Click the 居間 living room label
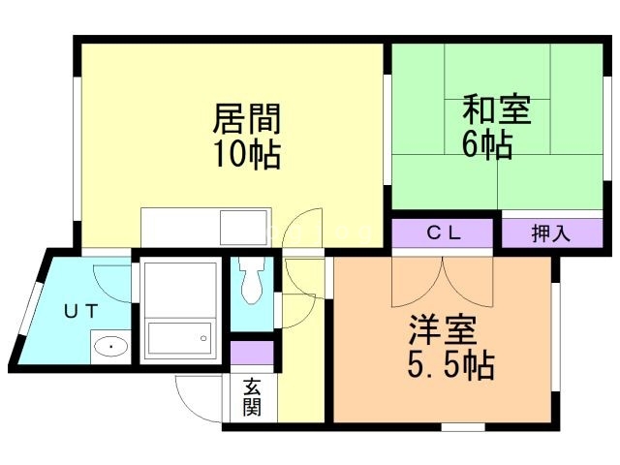pos(247,120)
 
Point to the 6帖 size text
pos(486,144)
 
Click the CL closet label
pos(446,233)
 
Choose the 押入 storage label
pos(550,233)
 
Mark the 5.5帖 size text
pos(447,366)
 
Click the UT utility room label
pos(81,311)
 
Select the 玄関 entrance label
pos(251,398)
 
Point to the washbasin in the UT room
pos(110,345)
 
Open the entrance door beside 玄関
pos(199,397)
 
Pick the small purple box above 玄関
pos(252,353)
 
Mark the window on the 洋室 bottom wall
pos(462,425)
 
